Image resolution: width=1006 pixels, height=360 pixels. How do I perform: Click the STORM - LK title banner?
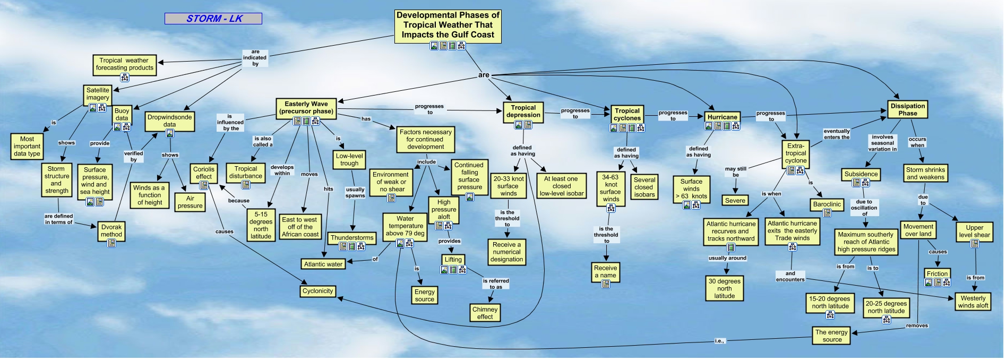[213, 19]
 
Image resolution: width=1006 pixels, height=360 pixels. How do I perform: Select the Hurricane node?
[722, 117]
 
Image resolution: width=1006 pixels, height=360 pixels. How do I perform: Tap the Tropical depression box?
[523, 111]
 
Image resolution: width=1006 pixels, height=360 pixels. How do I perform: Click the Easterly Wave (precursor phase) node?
[307, 108]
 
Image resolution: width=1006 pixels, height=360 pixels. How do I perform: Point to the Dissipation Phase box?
[908, 109]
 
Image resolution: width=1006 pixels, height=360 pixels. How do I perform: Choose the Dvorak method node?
[111, 230]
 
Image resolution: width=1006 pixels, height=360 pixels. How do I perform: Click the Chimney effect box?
[485, 313]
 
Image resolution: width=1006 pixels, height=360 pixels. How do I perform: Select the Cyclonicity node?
[317, 291]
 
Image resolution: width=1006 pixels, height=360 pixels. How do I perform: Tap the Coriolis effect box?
[204, 173]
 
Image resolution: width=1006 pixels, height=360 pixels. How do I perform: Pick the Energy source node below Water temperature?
[425, 295]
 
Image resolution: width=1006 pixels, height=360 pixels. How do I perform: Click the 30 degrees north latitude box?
[725, 288]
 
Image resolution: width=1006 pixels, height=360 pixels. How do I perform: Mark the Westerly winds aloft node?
[973, 302]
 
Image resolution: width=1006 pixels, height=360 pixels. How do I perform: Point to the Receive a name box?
[606, 272]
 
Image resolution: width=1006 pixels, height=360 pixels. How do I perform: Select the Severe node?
[735, 200]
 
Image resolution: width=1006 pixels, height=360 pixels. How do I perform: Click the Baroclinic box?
[827, 204]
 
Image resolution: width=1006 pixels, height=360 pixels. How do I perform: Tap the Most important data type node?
[27, 146]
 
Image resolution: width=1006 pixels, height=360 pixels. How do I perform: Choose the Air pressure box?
[190, 202]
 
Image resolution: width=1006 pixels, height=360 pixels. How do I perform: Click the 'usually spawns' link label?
[355, 192]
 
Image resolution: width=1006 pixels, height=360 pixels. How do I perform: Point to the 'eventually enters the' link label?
[837, 134]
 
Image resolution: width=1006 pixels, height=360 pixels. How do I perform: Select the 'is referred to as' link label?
[496, 284]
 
